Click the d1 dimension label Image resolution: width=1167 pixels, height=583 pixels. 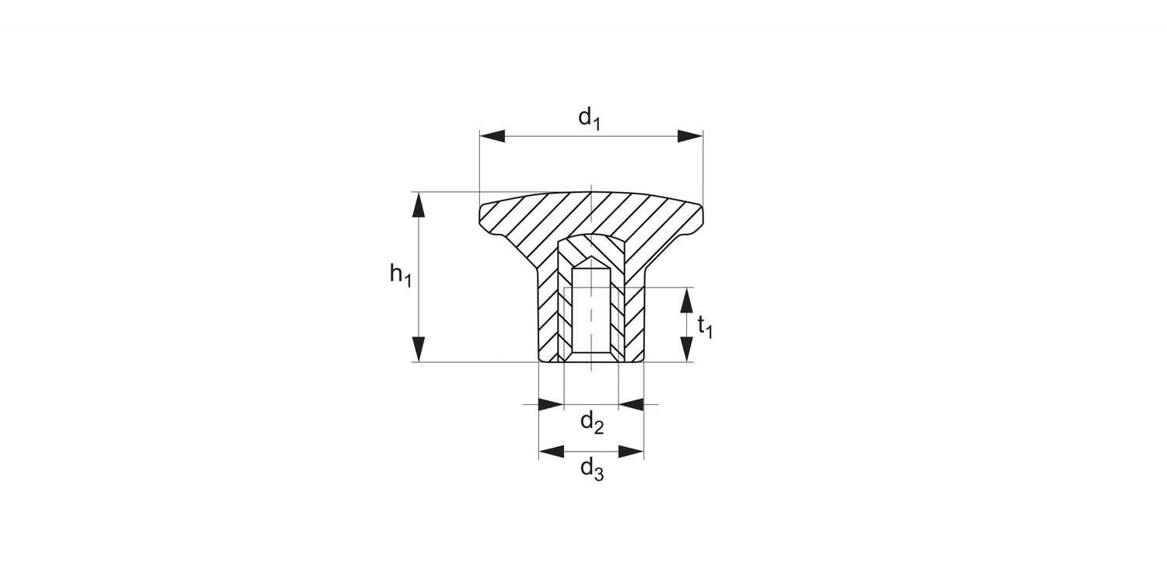tap(589, 118)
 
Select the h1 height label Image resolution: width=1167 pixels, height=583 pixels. tap(400, 274)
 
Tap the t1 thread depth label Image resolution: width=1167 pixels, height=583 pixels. tap(704, 326)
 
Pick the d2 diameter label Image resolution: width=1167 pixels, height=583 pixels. tap(592, 423)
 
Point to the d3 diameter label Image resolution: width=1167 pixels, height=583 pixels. tap(592, 469)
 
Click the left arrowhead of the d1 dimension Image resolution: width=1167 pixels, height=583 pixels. tap(492, 136)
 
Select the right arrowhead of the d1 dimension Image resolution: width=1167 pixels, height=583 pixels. tap(690, 136)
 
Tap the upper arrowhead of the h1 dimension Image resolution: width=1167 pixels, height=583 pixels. tap(419, 204)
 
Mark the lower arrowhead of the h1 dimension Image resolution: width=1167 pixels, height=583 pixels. tap(419, 349)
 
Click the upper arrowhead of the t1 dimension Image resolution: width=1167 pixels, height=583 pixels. tap(686, 300)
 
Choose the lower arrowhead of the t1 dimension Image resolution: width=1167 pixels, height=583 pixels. tap(686, 349)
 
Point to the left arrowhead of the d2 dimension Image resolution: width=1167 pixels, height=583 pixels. tap(551, 404)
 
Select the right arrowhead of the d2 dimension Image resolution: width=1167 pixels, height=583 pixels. tap(631, 404)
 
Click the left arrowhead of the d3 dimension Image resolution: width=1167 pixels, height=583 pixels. tap(551, 452)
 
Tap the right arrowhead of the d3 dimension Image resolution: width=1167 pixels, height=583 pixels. tap(631, 452)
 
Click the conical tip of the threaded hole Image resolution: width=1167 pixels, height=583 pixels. tap(591, 260)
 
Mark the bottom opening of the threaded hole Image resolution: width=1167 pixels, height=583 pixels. tap(591, 358)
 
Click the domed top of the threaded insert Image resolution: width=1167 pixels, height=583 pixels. tap(591, 236)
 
